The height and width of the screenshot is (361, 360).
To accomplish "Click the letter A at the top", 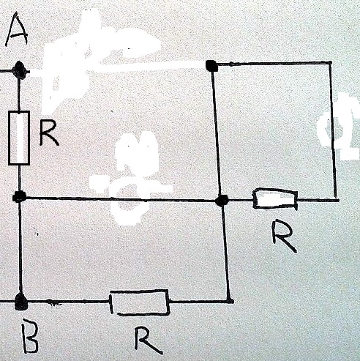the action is point(17,29).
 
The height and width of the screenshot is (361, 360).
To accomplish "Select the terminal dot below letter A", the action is point(20,70).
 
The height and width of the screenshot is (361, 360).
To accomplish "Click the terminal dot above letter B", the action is point(20,302).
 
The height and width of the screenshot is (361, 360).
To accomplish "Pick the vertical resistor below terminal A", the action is point(19,138).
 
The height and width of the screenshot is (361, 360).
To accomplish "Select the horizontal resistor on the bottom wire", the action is point(139,302).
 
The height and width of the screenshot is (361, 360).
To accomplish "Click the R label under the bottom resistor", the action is point(147,340).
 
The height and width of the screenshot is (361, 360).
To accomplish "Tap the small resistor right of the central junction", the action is point(275,198).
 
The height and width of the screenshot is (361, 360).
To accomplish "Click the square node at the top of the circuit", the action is point(211,66).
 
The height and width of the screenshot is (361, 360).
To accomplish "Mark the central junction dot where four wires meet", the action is point(222,201).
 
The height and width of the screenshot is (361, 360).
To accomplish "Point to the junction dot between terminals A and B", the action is point(19,197).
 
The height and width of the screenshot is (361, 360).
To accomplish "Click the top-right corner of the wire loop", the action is point(330,63).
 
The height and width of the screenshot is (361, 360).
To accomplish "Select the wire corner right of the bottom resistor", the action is point(229,301).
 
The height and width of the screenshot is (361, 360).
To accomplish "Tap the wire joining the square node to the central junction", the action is point(217,133).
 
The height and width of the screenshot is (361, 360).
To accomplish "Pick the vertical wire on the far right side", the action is point(333,130).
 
